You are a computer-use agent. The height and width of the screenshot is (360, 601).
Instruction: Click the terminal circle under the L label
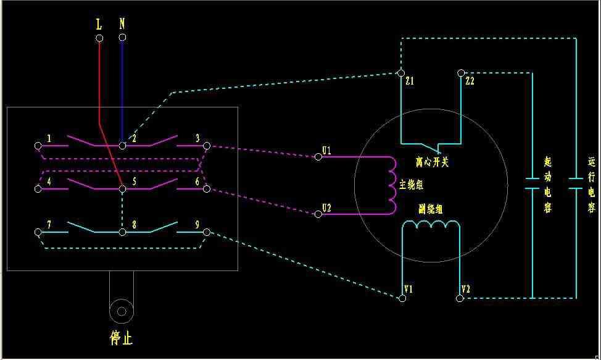99,38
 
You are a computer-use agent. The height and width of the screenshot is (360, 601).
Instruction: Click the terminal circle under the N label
122,38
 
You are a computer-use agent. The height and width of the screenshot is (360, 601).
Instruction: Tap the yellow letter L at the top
99,24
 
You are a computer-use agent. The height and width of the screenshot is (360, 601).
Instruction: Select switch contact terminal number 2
122,146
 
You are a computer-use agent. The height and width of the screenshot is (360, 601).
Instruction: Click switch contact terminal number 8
122,232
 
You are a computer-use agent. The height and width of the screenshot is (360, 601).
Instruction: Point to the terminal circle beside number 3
207,146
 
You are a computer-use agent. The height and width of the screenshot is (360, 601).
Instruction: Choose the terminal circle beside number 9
207,232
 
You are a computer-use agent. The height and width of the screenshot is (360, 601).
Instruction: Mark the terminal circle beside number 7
38,232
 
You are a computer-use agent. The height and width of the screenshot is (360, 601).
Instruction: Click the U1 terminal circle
318,157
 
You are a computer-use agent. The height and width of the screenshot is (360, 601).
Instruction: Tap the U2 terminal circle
318,214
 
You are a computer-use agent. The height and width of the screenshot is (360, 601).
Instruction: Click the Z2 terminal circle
460,73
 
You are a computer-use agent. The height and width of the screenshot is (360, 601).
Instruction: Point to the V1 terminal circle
402,298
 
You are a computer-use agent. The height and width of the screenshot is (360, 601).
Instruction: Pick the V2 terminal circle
460,298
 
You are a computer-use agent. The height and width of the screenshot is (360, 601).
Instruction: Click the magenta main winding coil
391,184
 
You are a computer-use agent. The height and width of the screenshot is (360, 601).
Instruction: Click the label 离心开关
431,162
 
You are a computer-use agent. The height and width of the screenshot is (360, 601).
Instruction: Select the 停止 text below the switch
121,338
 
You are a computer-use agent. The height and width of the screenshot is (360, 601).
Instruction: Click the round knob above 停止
122,309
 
